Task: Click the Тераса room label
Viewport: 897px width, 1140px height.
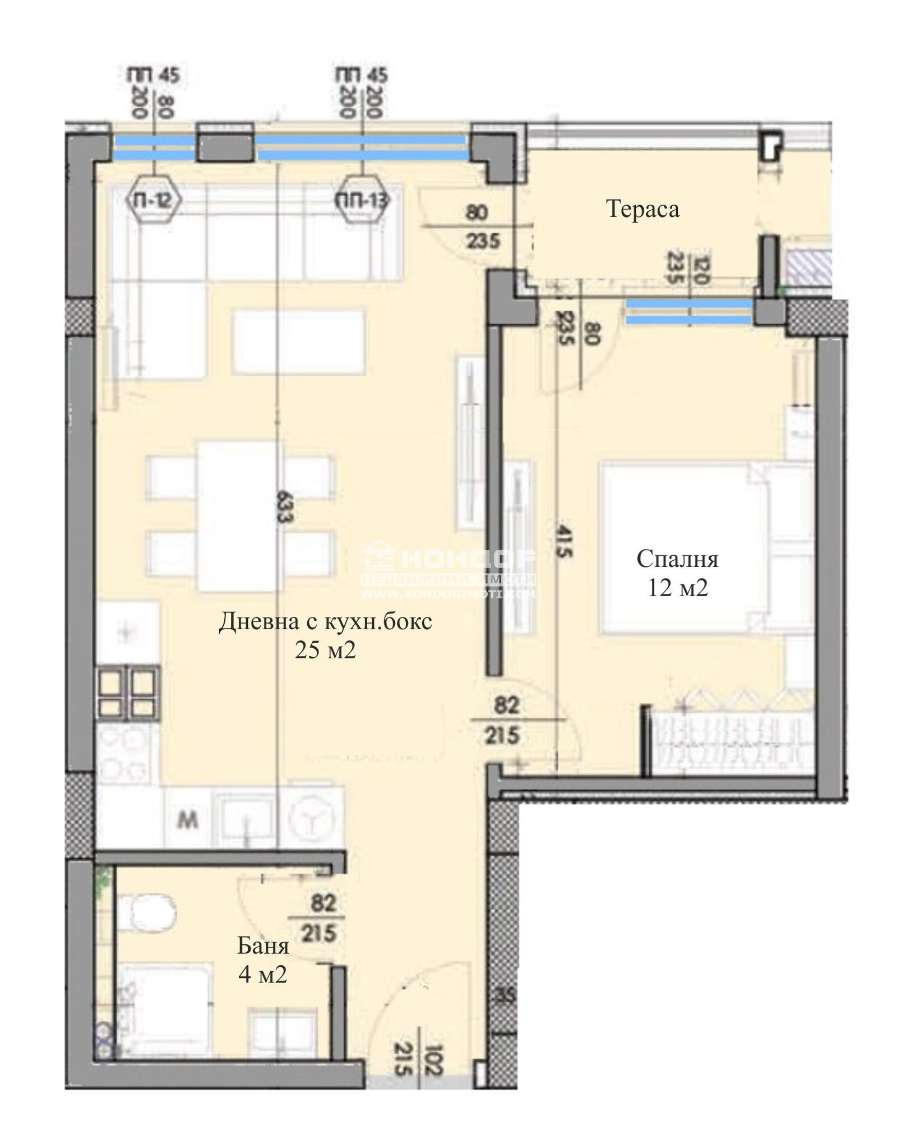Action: coord(642,209)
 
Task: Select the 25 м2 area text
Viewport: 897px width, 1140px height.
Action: coord(325,650)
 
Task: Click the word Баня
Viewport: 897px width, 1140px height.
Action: coord(263,946)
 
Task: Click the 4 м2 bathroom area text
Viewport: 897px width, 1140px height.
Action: coord(262,975)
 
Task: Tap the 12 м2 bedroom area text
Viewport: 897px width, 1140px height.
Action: coord(677,588)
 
